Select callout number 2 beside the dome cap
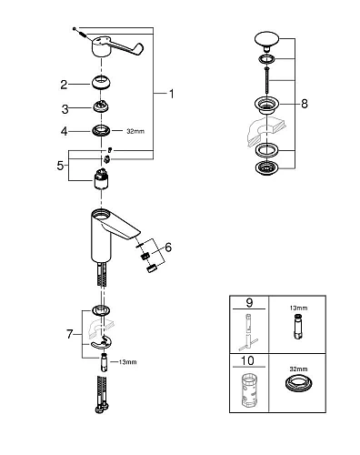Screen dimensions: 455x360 (65, 85)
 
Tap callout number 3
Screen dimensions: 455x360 (65, 108)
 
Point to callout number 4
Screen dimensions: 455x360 (65, 132)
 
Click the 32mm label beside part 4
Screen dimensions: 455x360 (135, 132)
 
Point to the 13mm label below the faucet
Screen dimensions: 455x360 (127, 363)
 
